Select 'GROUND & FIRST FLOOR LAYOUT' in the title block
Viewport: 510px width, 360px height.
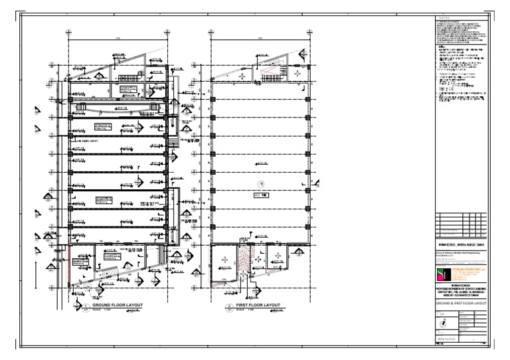[x=460, y=302]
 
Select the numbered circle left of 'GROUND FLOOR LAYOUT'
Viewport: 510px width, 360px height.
[x=86, y=307]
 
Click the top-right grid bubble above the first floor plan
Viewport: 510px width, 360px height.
[x=311, y=31]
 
